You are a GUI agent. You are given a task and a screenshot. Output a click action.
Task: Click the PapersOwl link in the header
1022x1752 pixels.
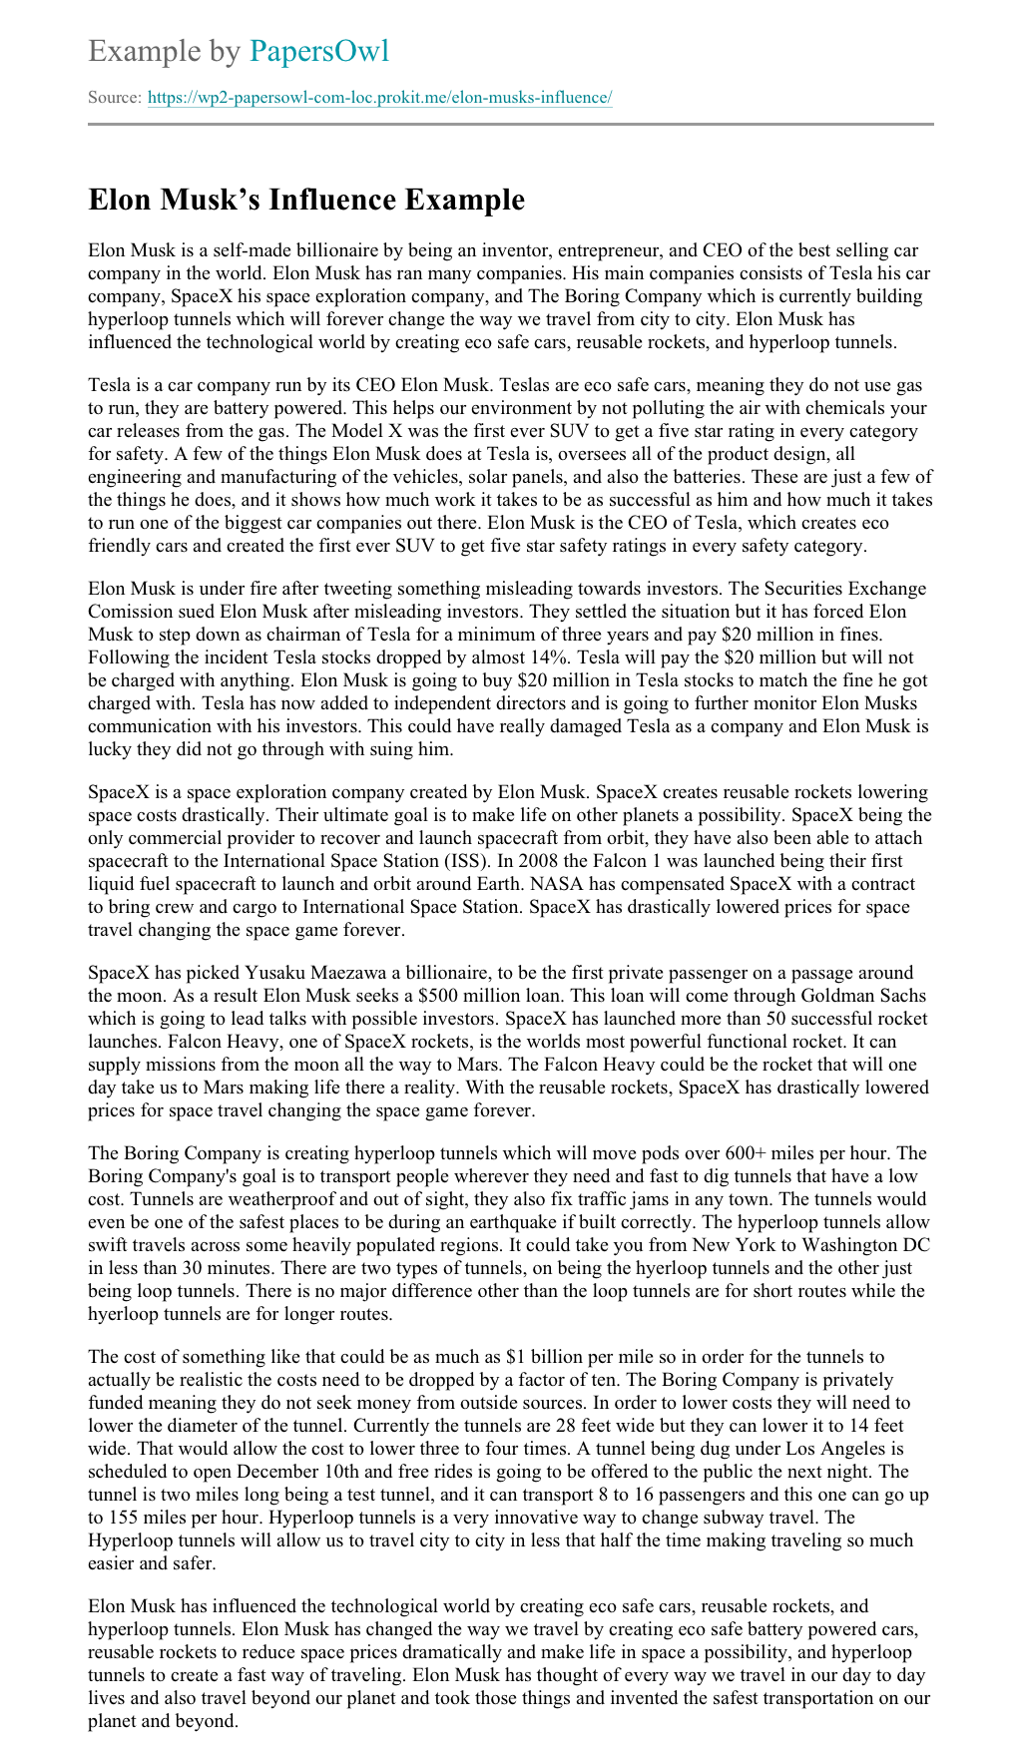318,51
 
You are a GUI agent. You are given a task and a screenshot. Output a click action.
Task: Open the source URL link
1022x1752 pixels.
379,98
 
